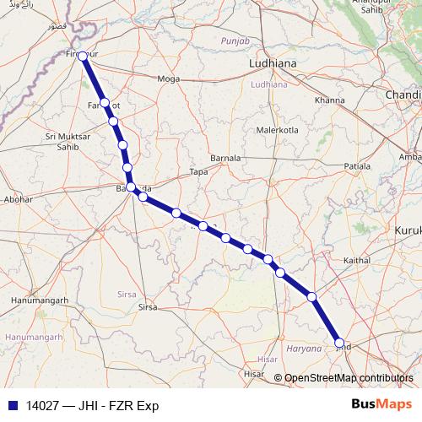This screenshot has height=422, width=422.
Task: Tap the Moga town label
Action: point(169,78)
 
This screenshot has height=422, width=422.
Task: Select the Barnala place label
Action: point(225,158)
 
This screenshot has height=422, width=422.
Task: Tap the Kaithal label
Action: point(357,262)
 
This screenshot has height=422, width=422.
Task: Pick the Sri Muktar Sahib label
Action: point(68,141)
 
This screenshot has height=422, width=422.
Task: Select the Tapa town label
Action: point(198,171)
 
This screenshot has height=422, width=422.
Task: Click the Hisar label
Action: point(252,372)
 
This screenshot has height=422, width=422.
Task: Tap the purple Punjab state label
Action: point(235,41)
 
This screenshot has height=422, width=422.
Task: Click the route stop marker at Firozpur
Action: point(83,55)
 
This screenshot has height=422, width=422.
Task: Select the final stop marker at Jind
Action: point(340,343)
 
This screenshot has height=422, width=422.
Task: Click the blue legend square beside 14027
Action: point(11,405)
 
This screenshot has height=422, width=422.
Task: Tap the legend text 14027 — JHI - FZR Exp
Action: point(92,405)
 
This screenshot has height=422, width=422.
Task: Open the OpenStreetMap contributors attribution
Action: point(348,378)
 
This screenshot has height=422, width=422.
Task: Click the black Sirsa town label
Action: point(148,307)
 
